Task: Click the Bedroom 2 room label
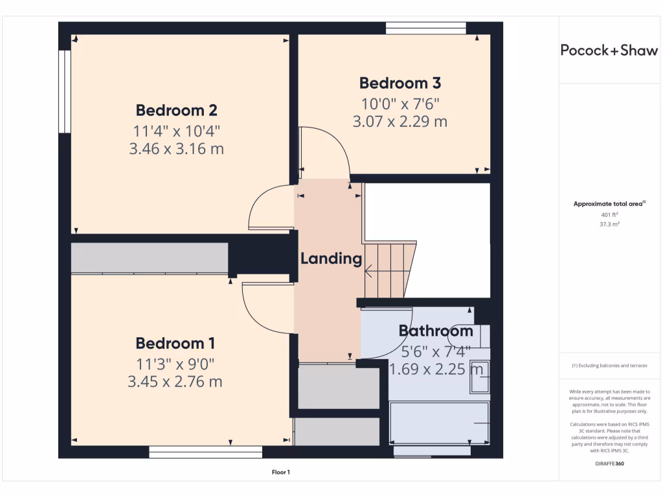pos(176,109)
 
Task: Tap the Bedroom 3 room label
pos(400,83)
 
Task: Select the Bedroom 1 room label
pos(175,343)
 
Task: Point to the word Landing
pos(331,259)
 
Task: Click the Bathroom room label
pos(436,331)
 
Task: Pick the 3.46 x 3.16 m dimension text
pos(176,149)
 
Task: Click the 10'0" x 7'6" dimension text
pos(400,104)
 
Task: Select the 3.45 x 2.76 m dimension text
pos(175,382)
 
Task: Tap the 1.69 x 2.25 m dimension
pos(436,370)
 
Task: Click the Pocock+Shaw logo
pos(609,50)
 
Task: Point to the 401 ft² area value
pos(609,214)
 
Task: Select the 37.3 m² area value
pos(609,224)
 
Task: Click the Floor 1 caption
pos(281,472)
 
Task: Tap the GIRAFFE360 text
pos(609,463)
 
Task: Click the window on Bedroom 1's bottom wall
pos(206,452)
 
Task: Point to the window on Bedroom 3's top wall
pos(425,28)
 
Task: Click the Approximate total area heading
pos(609,204)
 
